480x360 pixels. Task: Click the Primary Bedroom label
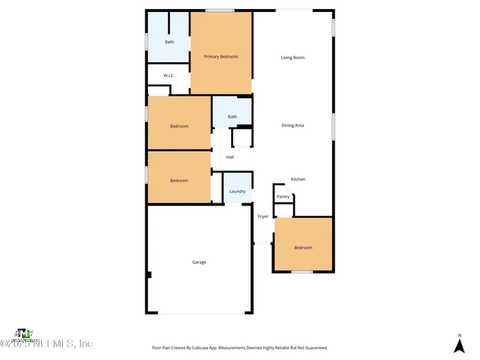pos(220,57)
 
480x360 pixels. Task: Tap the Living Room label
pos(292,57)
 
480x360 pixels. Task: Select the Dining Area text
pos(292,125)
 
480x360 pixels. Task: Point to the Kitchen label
pos(298,179)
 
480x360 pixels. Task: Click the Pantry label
pos(283,196)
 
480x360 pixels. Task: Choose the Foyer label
pos(263,217)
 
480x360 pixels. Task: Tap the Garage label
pos(199,262)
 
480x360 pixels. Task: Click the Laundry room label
pos(237,191)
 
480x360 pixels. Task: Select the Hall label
pos(230,157)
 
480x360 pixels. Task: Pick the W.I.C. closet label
pos(169,75)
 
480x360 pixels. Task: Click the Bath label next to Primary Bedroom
pos(169,42)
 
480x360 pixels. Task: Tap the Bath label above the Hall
pos(232,116)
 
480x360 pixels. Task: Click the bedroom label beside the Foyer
pos(303,247)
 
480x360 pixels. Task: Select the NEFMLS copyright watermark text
pos(46,343)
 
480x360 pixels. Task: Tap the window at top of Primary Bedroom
pos(219,10)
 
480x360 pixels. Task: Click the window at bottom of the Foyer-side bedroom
pos(301,271)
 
